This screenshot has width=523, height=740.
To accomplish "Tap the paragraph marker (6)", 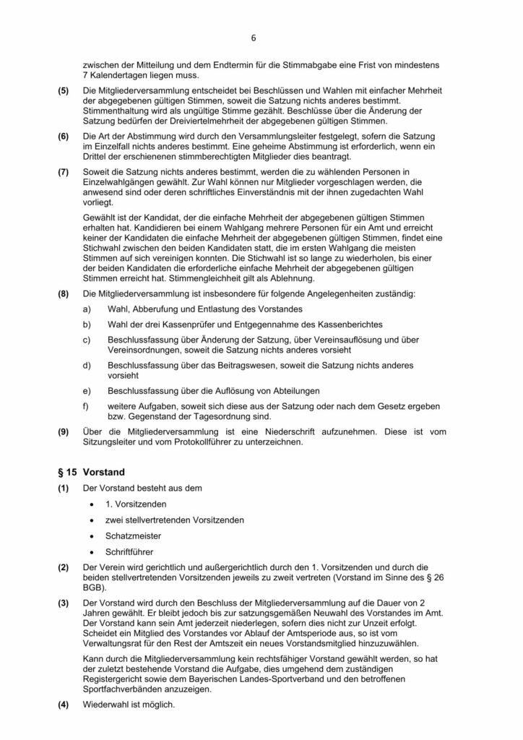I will (x=64, y=136).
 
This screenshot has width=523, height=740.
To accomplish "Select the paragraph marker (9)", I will (x=64, y=431).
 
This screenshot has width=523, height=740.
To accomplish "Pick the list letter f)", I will (x=87, y=405).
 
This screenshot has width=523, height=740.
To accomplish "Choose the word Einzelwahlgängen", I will (x=121, y=183).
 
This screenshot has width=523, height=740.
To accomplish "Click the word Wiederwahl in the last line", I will (x=107, y=705).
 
